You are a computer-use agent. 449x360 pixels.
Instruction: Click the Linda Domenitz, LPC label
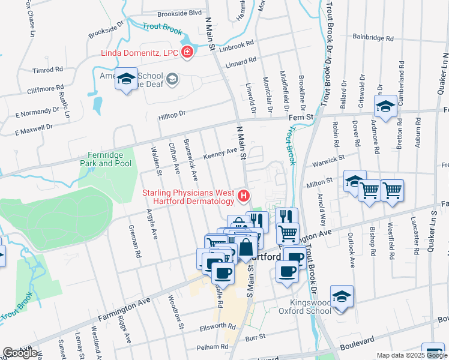139,53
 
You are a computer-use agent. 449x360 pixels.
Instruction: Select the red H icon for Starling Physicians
243,195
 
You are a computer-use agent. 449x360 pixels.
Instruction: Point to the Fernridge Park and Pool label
106,159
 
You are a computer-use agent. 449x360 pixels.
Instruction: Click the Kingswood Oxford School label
304,307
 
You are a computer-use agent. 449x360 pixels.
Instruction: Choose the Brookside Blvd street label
179,13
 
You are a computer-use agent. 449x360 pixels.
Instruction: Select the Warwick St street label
328,161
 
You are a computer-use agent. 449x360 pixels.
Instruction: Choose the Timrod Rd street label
48,70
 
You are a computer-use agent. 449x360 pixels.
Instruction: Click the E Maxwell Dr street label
34,129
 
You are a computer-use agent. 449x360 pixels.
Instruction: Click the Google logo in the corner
20,352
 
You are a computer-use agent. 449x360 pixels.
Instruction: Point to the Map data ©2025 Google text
411,355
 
